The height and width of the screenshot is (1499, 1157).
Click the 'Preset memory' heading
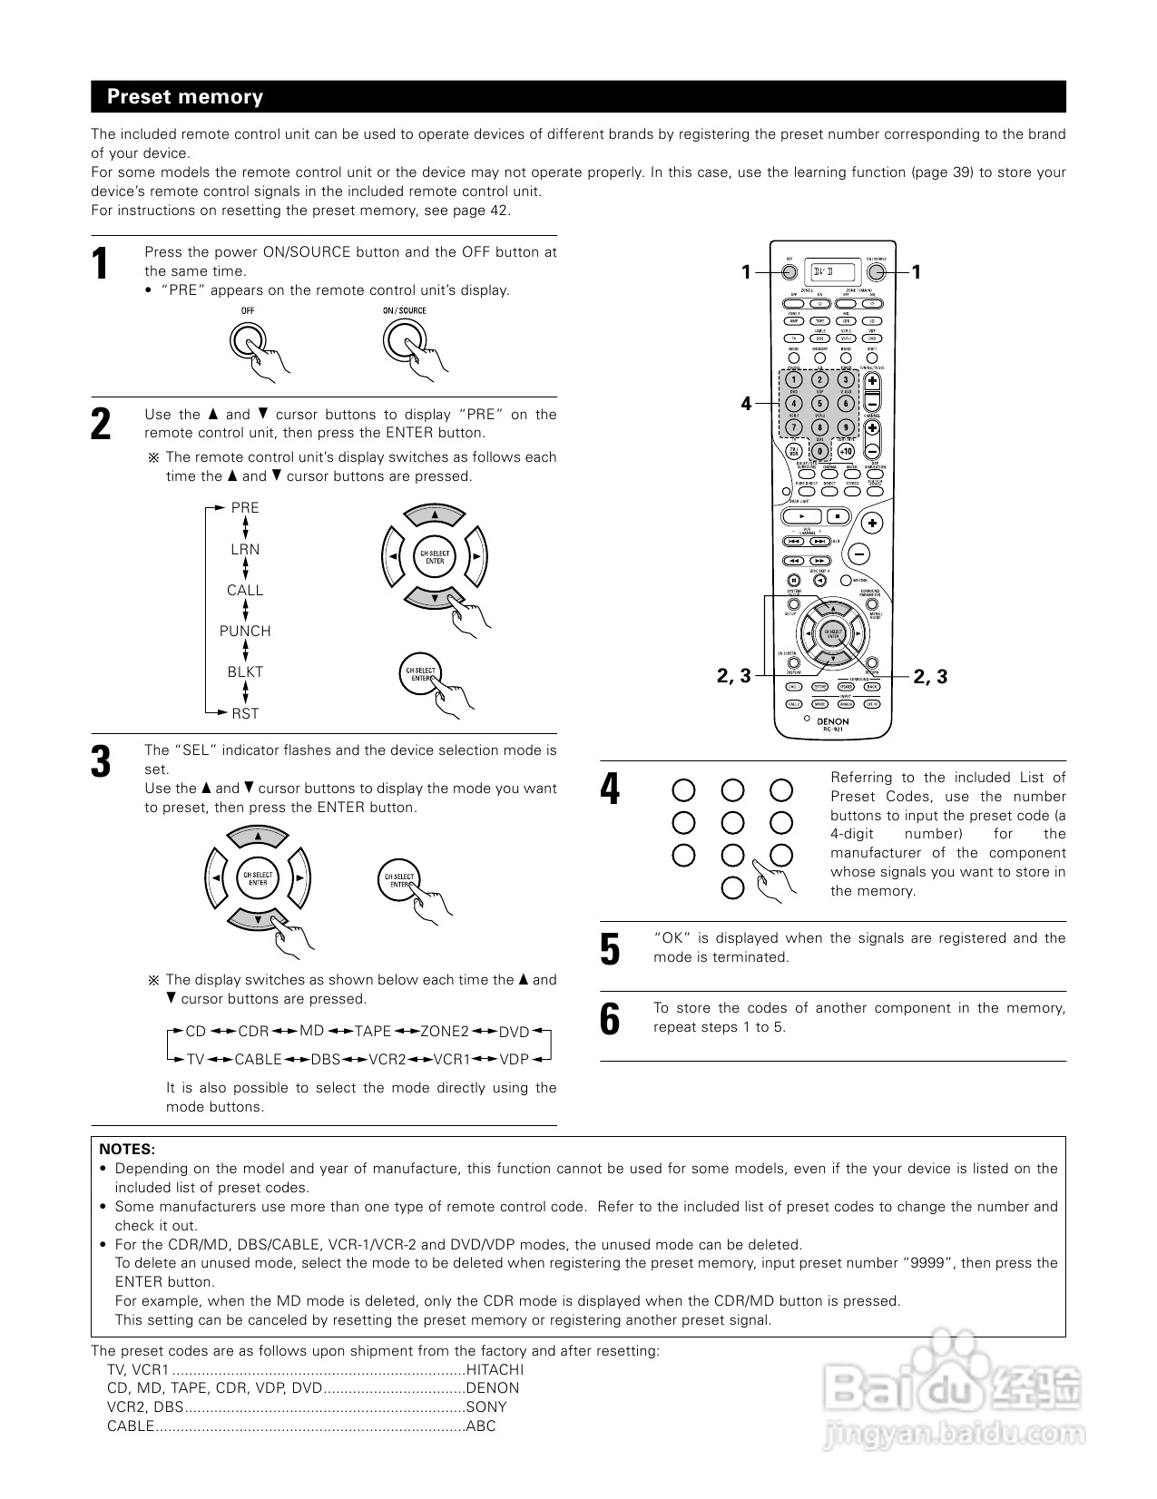click(x=185, y=97)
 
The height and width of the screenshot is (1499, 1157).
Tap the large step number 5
click(x=611, y=950)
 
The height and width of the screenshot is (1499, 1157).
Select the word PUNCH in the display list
click(x=245, y=632)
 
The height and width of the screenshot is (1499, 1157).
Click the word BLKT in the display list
click(x=245, y=672)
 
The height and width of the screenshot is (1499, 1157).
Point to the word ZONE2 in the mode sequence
click(x=445, y=1032)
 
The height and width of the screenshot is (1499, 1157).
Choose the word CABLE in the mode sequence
click(x=258, y=1060)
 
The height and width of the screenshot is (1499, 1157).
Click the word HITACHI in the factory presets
click(x=495, y=1370)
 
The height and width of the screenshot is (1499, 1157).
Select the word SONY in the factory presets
click(x=486, y=1407)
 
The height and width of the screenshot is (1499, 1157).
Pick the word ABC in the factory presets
click(x=481, y=1426)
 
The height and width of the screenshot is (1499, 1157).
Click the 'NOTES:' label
click(x=127, y=1149)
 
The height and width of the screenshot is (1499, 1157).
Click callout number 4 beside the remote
click(x=746, y=404)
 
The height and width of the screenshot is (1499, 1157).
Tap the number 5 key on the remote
click(x=819, y=404)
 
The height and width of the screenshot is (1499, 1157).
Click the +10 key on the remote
click(x=846, y=450)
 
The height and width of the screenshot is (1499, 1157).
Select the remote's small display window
click(x=833, y=271)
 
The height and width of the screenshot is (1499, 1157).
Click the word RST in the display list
click(x=245, y=714)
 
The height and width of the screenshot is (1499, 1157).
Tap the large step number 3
click(x=101, y=762)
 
